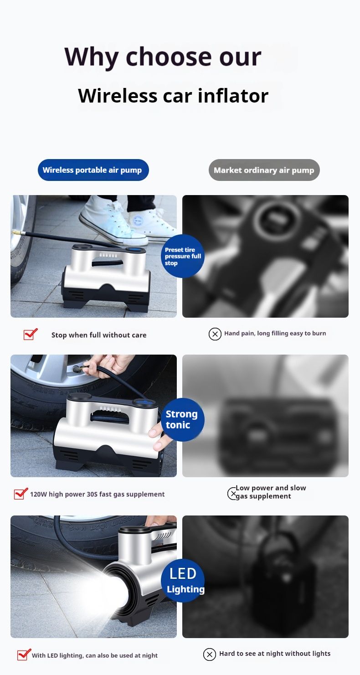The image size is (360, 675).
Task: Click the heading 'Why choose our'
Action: click(x=163, y=57)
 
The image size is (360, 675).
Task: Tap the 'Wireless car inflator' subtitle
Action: click(x=173, y=96)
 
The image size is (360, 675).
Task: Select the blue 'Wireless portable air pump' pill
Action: click(x=93, y=170)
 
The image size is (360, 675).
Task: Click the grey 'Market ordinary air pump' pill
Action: click(x=264, y=170)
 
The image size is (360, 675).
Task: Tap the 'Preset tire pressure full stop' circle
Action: click(x=183, y=256)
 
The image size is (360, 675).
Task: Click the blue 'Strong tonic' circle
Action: click(x=182, y=419)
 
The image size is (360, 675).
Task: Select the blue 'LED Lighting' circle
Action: click(x=183, y=581)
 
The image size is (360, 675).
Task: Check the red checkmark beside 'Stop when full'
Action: click(x=30, y=334)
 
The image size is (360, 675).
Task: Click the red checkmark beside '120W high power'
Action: click(x=21, y=494)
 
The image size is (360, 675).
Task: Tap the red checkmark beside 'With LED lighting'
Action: click(x=24, y=655)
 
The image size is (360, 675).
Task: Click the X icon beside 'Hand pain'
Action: click(x=215, y=334)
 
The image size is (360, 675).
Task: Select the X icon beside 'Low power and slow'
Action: click(x=232, y=493)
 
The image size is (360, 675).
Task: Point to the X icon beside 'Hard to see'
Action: click(x=209, y=654)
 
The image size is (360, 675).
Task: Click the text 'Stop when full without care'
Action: click(x=99, y=335)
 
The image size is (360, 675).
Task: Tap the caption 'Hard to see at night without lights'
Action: click(x=275, y=654)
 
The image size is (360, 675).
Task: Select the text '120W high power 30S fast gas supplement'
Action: click(x=98, y=494)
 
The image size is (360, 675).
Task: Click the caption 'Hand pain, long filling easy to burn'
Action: click(x=275, y=333)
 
